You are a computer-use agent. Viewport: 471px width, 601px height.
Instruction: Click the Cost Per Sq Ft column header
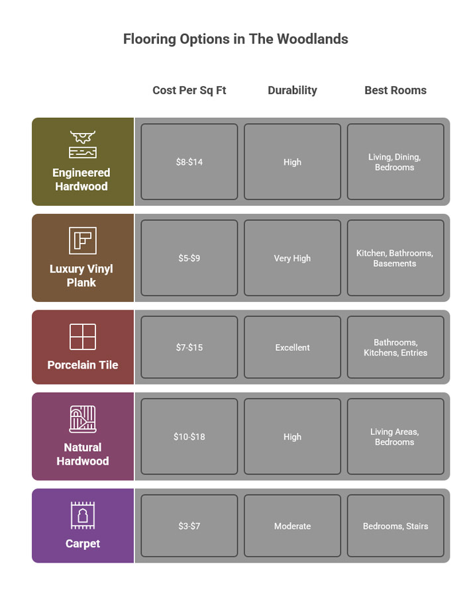189,91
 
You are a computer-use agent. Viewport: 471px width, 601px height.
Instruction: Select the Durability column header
292,91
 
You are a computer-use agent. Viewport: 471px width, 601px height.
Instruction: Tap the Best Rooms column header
395,91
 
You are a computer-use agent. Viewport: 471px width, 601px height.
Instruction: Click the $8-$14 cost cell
189,162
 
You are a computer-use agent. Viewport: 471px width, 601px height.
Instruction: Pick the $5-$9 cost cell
189,258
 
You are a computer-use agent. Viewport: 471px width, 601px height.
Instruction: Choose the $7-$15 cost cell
189,347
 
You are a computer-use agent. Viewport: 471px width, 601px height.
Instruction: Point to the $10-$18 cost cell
189,437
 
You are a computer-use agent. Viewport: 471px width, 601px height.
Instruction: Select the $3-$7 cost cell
189,526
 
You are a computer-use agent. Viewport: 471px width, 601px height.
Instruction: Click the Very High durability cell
292,258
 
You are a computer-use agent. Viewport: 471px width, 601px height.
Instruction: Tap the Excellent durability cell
292,347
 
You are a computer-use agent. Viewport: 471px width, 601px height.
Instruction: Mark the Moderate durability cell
292,526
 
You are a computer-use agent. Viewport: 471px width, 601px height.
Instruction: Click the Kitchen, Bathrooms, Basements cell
395,258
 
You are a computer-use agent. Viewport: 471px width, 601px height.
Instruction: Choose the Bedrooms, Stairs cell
395,526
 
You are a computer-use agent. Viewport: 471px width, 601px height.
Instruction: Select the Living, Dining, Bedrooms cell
395,162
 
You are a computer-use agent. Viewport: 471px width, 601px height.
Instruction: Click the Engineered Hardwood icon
82,144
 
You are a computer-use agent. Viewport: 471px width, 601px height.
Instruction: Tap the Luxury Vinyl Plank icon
82,241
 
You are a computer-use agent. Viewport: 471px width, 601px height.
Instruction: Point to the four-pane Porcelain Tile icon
82,337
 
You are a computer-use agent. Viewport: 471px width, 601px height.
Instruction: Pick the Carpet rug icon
82,516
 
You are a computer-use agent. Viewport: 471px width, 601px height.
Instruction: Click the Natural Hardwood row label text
82,454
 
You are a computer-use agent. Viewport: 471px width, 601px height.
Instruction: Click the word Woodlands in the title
313,39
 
